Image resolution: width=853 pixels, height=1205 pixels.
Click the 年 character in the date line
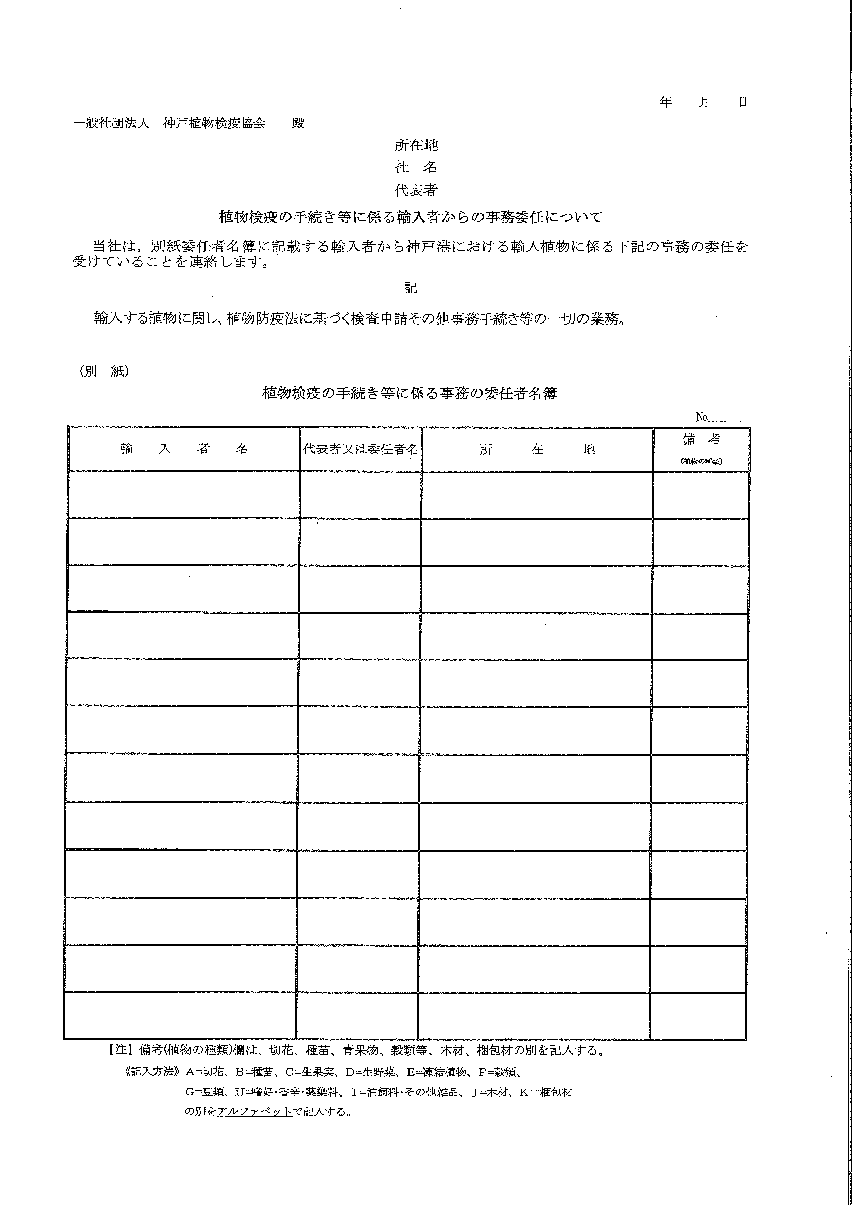point(666,102)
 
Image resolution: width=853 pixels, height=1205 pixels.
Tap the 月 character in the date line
point(704,102)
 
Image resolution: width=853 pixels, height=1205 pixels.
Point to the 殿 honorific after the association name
point(298,124)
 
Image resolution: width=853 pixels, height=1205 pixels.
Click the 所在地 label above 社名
point(416,145)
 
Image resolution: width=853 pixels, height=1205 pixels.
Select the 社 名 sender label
point(416,167)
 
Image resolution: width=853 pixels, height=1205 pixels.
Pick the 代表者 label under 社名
point(416,190)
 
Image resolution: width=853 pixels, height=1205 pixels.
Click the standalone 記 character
point(411,288)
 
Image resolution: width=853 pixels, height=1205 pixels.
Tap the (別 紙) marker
point(105,371)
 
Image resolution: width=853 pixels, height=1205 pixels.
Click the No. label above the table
point(702,417)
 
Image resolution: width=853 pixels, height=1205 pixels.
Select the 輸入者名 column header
point(184,449)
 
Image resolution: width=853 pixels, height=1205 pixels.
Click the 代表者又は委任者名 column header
point(361,449)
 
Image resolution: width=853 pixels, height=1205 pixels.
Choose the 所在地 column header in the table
point(537,450)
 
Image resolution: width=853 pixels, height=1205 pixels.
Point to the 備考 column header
point(701,439)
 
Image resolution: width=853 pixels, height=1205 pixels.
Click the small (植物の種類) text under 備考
point(701,461)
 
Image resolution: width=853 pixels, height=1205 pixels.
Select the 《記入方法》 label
point(151,1072)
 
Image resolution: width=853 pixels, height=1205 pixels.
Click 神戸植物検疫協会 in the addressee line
point(214,124)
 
